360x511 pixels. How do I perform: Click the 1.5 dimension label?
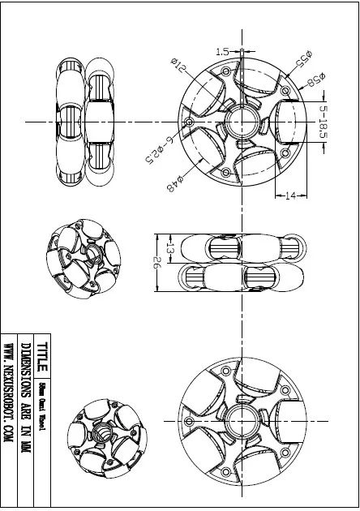coord(221,52)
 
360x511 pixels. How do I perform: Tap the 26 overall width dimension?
coord(156,264)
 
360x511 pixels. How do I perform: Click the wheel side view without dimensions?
coord(83,122)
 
